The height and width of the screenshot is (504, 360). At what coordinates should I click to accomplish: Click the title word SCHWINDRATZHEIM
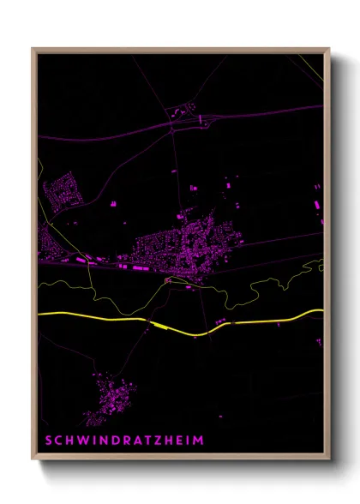point(125,440)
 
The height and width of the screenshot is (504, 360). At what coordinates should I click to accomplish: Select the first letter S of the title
point(48,440)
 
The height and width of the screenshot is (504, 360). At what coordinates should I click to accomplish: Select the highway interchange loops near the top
point(182,111)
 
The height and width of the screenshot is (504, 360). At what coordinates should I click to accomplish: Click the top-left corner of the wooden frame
point(33,50)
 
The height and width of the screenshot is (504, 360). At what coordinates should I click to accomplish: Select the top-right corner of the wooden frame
point(328,50)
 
